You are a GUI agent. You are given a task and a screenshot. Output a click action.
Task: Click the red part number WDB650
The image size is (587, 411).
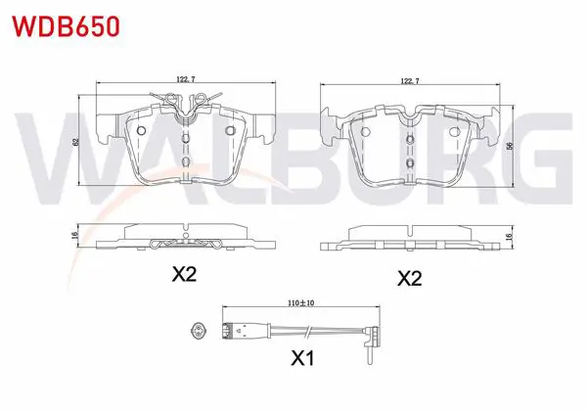click(x=67, y=26)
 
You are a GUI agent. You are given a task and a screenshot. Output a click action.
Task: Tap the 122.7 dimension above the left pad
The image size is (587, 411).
click(x=186, y=79)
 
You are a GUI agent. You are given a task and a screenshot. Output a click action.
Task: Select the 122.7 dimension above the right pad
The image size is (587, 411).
click(x=410, y=81)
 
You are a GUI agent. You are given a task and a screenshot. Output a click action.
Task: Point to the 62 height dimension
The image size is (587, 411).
click(x=75, y=142)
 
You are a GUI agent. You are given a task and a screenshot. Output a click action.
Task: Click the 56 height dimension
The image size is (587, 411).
click(x=509, y=146)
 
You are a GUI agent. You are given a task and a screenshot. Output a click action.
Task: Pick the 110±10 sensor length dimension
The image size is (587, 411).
click(x=301, y=303)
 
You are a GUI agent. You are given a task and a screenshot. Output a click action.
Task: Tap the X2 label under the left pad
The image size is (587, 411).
click(x=184, y=274)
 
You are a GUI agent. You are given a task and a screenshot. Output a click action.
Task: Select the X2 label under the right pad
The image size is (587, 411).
click(x=410, y=278)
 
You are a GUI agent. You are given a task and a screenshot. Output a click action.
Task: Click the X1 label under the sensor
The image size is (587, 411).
click(x=303, y=358)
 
